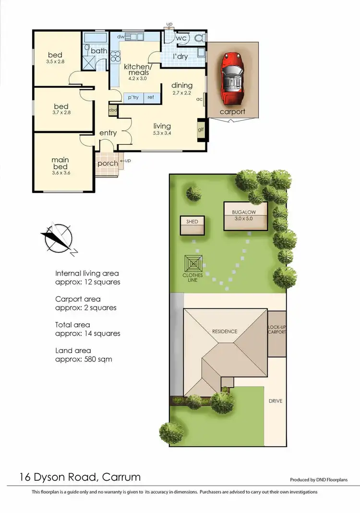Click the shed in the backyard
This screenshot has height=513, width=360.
click(x=192, y=225)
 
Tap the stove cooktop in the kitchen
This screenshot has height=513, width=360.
click(x=115, y=56)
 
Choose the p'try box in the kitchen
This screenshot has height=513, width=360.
click(x=132, y=98)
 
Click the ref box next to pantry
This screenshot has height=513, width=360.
click(x=151, y=98)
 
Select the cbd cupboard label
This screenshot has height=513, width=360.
click(x=113, y=110)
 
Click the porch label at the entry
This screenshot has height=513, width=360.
click(x=108, y=164)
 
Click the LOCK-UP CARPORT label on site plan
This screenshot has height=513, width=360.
click(x=276, y=330)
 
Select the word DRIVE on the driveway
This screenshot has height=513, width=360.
click(x=275, y=401)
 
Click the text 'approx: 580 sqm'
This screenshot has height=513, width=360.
click(x=84, y=359)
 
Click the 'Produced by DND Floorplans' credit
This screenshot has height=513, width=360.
click(x=318, y=480)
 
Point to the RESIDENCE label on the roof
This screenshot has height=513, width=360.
click(x=225, y=331)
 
